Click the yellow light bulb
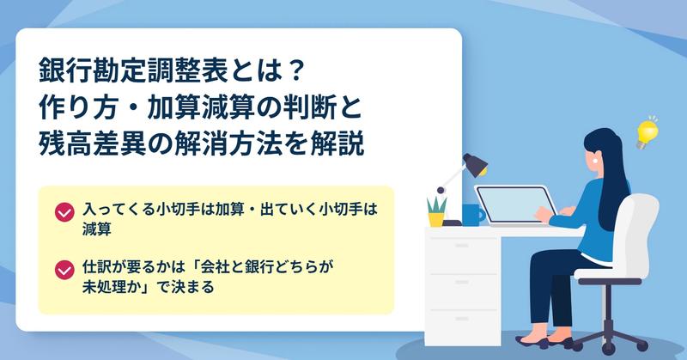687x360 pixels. click(x=647, y=133)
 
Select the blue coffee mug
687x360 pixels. click(x=473, y=215)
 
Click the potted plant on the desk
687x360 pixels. click(x=436, y=212)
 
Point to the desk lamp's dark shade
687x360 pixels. click(x=476, y=164)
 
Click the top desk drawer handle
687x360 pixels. click(x=462, y=246)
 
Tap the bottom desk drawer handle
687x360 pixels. click(x=462, y=319)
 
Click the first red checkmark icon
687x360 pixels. click(x=64, y=212)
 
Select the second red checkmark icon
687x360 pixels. click(x=64, y=270)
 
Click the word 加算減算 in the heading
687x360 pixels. click(x=201, y=107)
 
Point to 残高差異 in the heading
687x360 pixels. click(x=93, y=143)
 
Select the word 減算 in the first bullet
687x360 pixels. click(x=97, y=229)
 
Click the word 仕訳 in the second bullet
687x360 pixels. click(x=97, y=267)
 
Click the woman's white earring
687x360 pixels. click(x=596, y=161)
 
